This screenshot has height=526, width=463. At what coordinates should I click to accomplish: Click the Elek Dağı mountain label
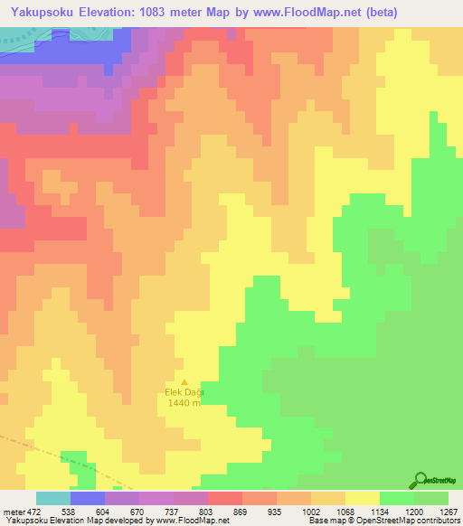(x=184, y=391)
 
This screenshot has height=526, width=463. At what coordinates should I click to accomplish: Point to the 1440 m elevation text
(x=184, y=402)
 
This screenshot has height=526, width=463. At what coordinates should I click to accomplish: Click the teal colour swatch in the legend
(x=52, y=498)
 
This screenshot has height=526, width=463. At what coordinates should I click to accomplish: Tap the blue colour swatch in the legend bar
(x=87, y=498)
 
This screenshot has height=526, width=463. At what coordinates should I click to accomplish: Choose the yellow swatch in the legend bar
(x=362, y=498)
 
